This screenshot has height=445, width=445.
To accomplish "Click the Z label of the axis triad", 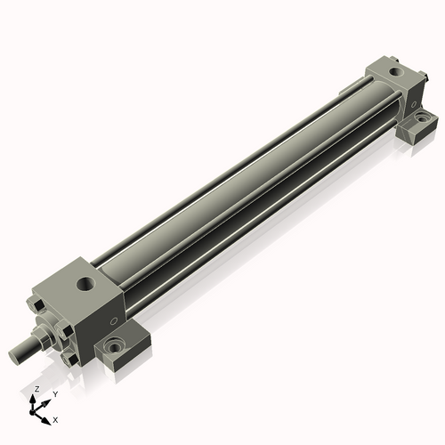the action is click(x=36, y=389).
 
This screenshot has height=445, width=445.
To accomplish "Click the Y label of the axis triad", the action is click(x=55, y=394).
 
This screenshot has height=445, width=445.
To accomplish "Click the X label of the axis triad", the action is click(x=55, y=420).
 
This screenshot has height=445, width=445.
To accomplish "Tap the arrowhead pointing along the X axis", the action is click(x=45, y=421).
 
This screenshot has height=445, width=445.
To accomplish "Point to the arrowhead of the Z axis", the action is click(x=33, y=399).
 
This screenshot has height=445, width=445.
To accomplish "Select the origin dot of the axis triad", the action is click(x=31, y=412).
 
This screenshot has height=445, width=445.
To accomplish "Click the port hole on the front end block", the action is click(x=86, y=284).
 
